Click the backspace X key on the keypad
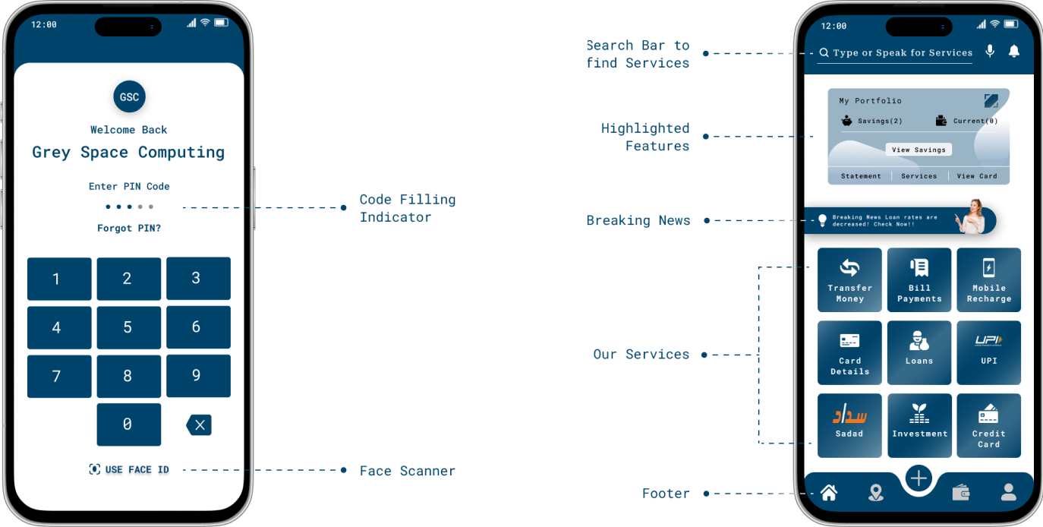pos(199,425)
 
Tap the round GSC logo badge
pos(129,96)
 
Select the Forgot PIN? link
pos(129,228)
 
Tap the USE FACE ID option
pos(129,469)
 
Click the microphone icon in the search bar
pos(990,51)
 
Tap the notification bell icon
pos(1013,51)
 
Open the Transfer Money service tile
pos(849,279)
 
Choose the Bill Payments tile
pos(919,279)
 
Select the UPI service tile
pos(988,353)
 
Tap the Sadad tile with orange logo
pos(849,425)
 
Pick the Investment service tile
pos(919,425)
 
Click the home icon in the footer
pos(829,492)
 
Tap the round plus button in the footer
pos(919,478)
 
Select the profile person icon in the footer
pos(1009,492)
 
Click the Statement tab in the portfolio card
pos(861,175)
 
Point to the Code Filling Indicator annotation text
pos(408,208)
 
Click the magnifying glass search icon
pos(824,52)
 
